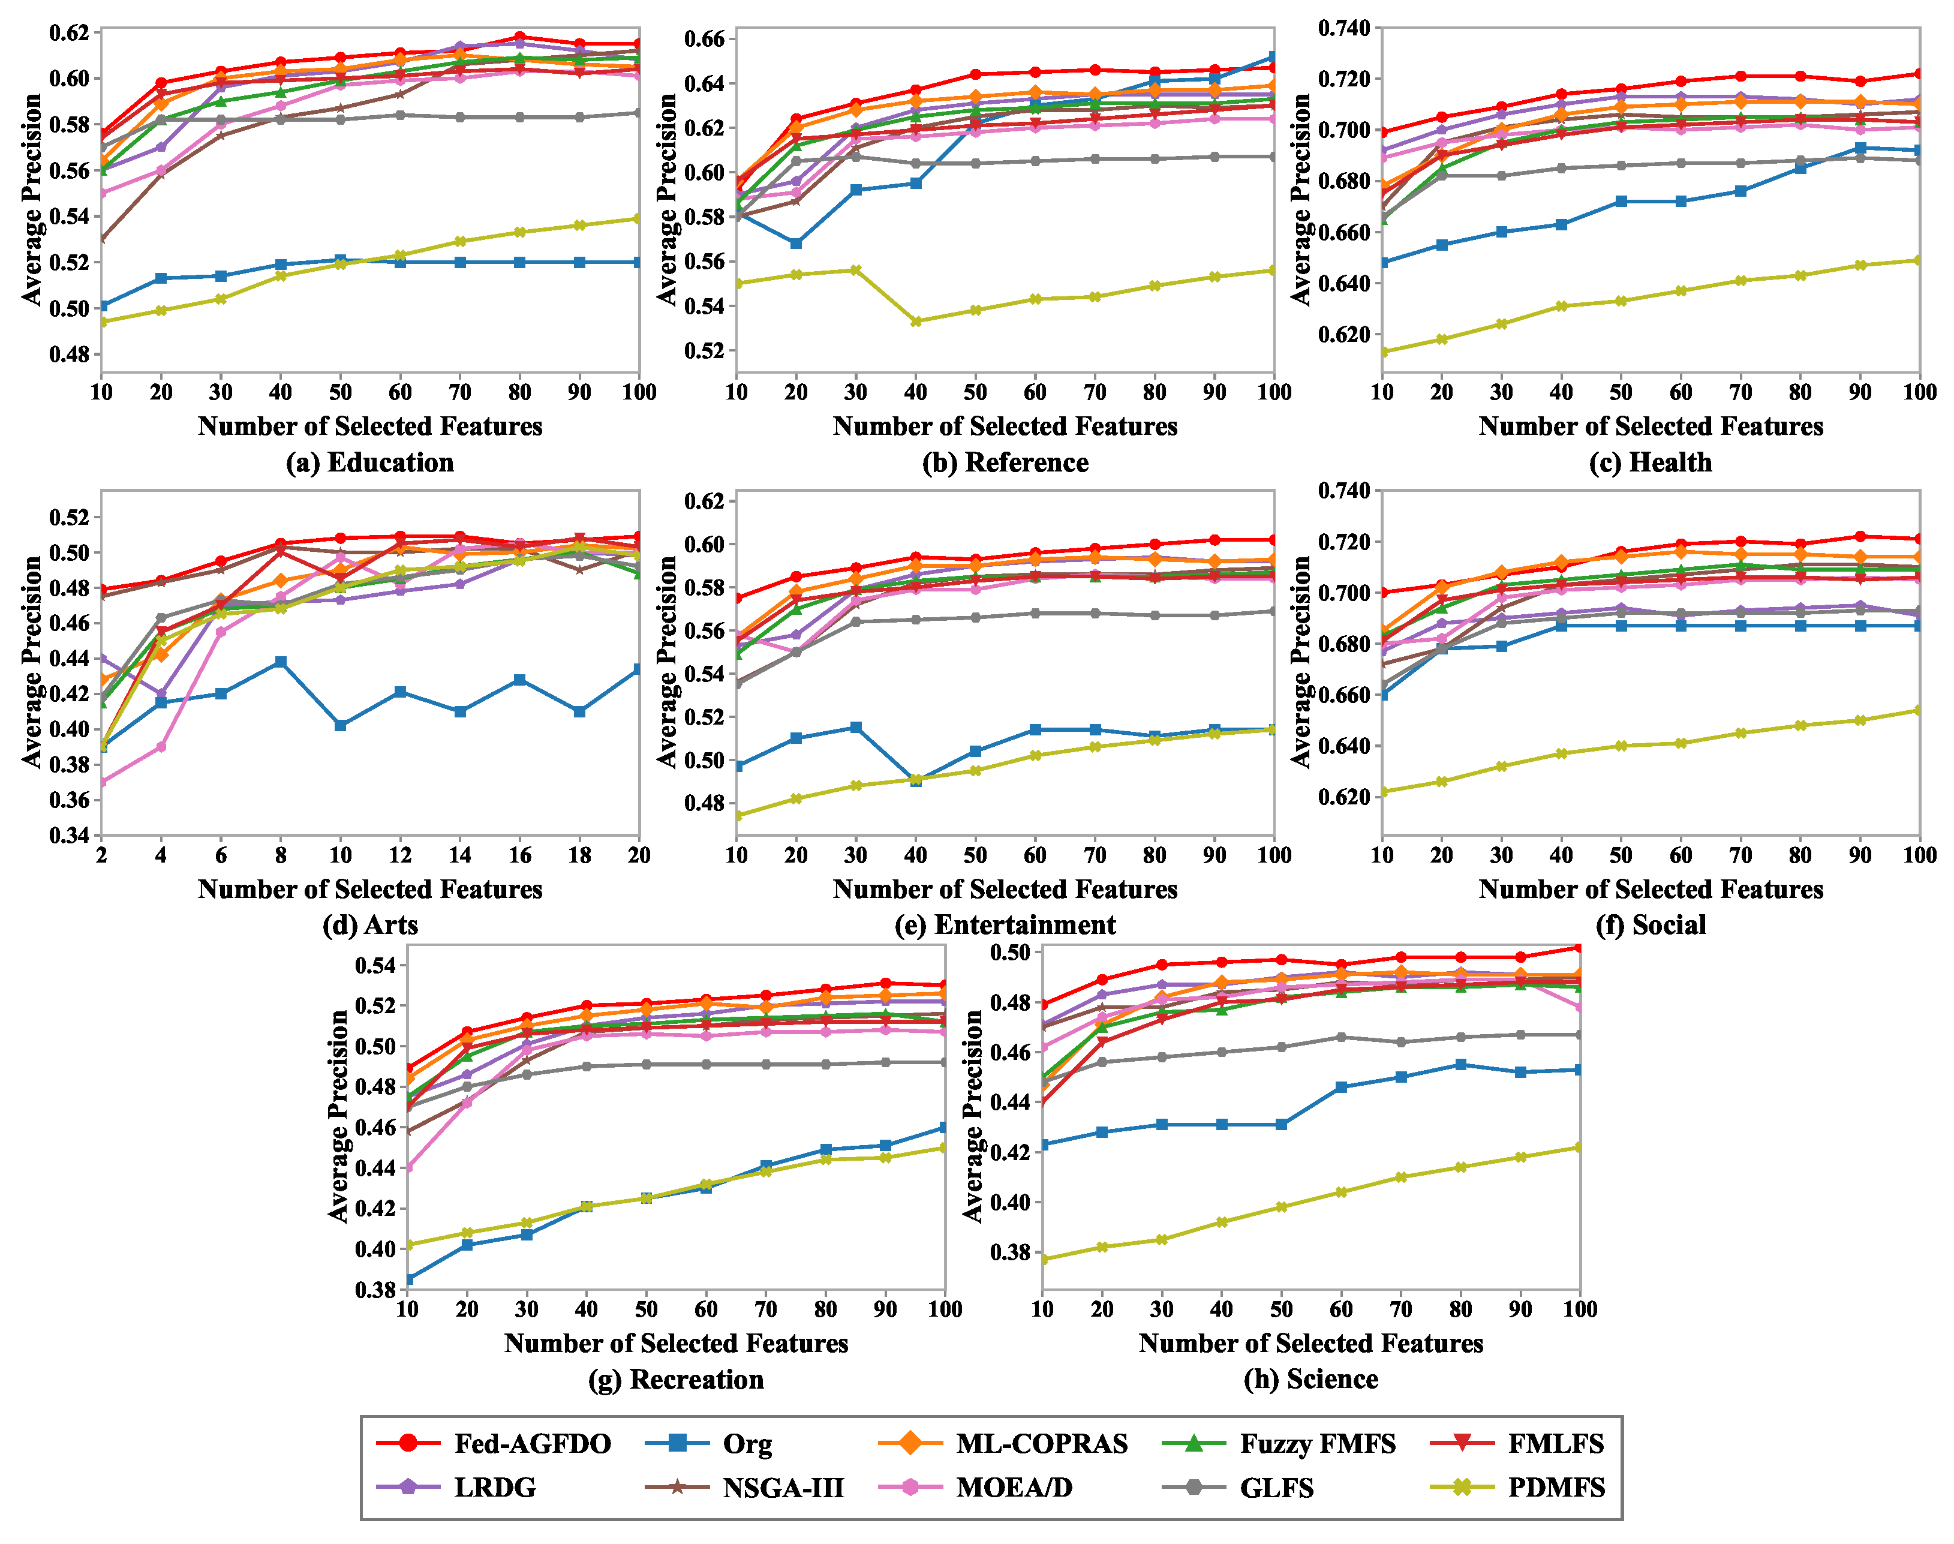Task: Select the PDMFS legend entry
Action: tap(1519, 1488)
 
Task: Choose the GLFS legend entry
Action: tap(1238, 1488)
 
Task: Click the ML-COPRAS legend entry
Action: tap(1003, 1444)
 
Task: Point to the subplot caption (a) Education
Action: tap(369, 463)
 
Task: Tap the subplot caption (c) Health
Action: tap(1651, 463)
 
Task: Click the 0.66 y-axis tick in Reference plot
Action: tap(706, 39)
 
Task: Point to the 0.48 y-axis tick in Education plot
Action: tap(70, 355)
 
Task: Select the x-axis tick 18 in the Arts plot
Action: tap(579, 855)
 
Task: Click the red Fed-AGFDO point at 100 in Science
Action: tap(1579, 947)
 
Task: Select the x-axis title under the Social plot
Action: tap(1651, 890)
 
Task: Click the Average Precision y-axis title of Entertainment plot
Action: tap(667, 662)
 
